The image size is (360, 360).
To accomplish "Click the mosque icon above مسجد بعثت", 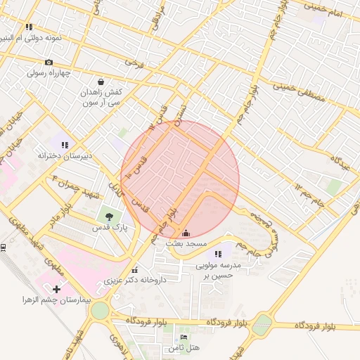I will pyautogui.click(x=186, y=233).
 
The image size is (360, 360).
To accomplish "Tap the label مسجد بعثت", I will pyautogui.click(x=186, y=243).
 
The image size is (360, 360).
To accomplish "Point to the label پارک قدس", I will pyautogui.click(x=110, y=228).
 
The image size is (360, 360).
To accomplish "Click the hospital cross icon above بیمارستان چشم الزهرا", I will pyautogui.click(x=57, y=288).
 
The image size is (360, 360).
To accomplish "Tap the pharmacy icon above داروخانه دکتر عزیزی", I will pyautogui.click(x=134, y=269).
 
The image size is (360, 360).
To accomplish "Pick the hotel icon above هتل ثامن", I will pyautogui.click(x=184, y=337).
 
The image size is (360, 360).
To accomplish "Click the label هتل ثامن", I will pyautogui.click(x=184, y=348).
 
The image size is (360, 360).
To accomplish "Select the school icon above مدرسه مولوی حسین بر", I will pyautogui.click(x=218, y=254).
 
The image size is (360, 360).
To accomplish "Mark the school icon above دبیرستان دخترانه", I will pyautogui.click(x=64, y=145).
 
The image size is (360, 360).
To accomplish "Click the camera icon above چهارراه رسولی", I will pyautogui.click(x=49, y=63).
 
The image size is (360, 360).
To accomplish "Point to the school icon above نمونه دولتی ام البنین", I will pyautogui.click(x=29, y=27).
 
